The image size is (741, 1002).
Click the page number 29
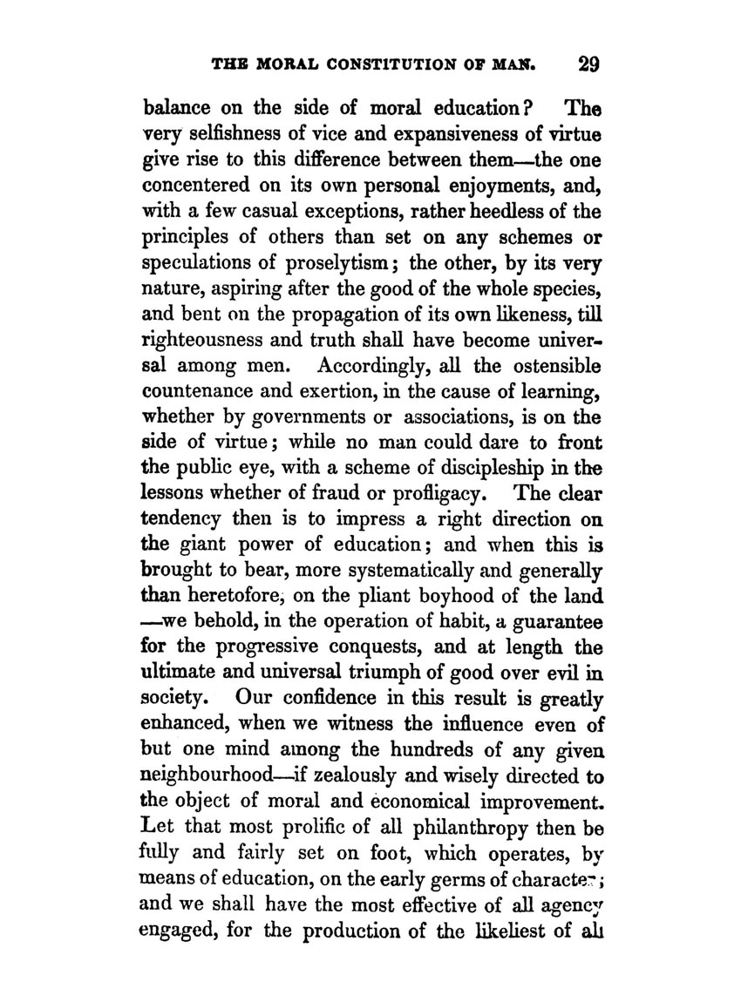pyautogui.click(x=577, y=65)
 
